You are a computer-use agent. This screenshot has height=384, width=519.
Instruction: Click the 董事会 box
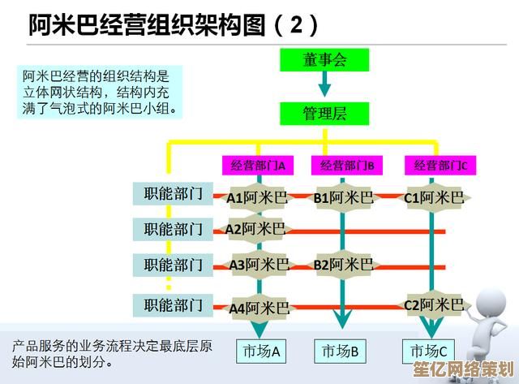click(x=324, y=60)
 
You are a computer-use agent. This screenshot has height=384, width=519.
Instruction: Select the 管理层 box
click(x=324, y=113)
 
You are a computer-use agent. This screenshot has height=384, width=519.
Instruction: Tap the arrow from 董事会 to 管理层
click(x=324, y=85)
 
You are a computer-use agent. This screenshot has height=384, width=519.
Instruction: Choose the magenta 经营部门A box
click(x=258, y=165)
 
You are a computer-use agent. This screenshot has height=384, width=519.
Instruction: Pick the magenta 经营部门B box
click(x=346, y=165)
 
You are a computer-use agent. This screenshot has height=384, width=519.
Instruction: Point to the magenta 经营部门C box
click(x=440, y=165)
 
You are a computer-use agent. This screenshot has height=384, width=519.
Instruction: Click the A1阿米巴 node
click(x=257, y=197)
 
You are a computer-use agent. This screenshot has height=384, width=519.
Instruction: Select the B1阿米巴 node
click(x=344, y=197)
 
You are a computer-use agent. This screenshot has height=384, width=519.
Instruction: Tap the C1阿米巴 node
click(x=434, y=197)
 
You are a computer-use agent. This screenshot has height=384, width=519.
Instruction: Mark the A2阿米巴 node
click(x=255, y=230)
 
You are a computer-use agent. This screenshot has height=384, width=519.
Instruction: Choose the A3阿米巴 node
click(x=259, y=265)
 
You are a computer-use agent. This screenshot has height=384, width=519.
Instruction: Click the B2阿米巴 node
click(x=344, y=265)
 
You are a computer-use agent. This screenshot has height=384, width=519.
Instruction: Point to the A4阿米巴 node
click(x=259, y=308)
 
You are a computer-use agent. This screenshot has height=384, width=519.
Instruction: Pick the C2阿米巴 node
click(x=434, y=305)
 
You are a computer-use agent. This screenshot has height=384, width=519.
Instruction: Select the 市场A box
click(x=260, y=352)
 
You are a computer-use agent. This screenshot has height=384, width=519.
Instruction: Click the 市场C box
click(x=427, y=352)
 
